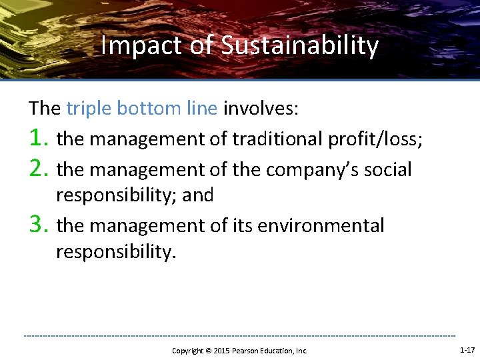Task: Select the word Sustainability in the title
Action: pyautogui.click(x=299, y=46)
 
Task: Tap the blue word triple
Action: pyautogui.click(x=88, y=108)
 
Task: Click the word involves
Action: pyautogui.click(x=261, y=108)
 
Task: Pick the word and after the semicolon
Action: pyautogui.click(x=199, y=195)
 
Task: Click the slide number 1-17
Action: pyautogui.click(x=467, y=349)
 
